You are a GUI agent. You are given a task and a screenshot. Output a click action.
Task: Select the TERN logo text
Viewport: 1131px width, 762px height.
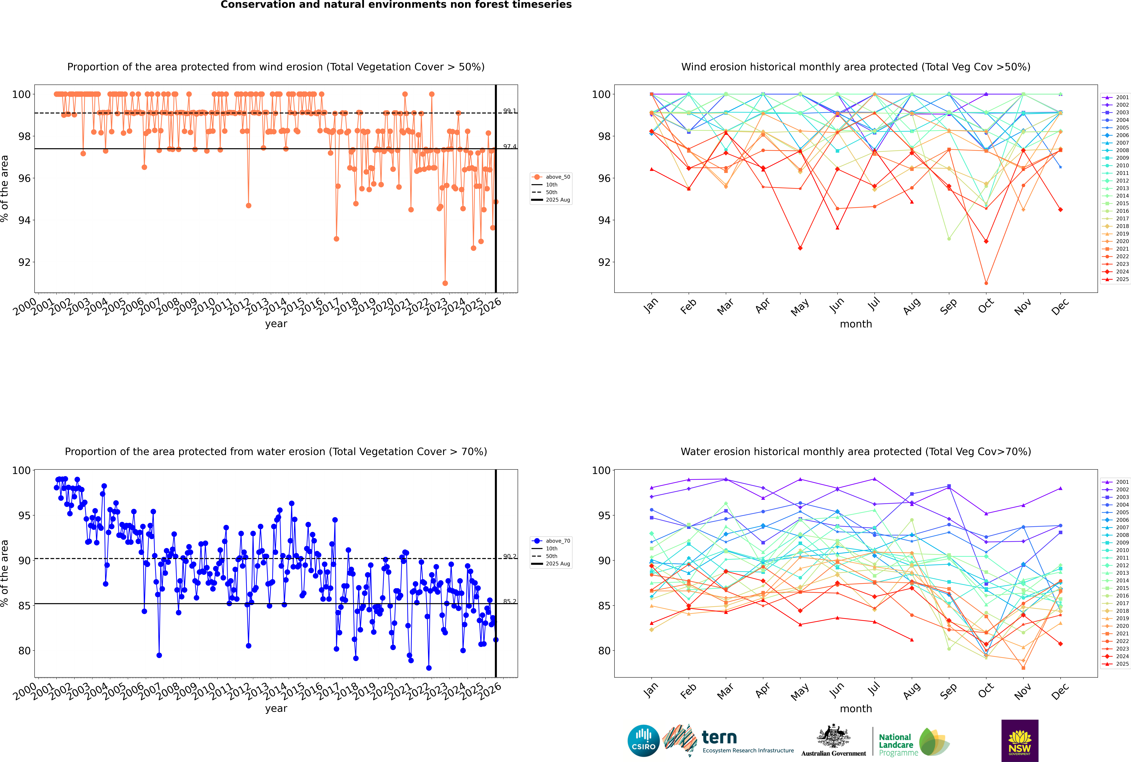click(x=719, y=738)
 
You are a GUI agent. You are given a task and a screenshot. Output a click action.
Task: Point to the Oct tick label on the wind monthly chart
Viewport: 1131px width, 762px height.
click(x=986, y=306)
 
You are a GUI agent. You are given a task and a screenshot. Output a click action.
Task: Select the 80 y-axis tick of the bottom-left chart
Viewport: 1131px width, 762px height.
click(x=24, y=651)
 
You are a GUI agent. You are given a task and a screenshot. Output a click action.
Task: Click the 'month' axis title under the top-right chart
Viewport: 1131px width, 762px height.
click(x=856, y=324)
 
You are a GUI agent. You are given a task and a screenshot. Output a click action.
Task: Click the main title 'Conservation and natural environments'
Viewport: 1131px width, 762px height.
click(x=396, y=5)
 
